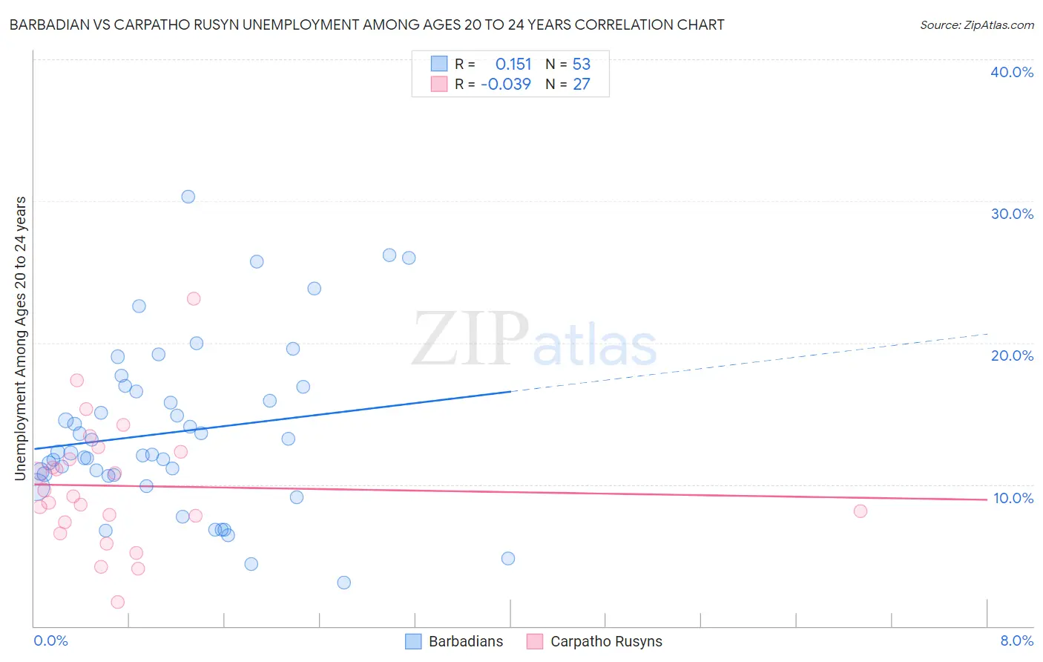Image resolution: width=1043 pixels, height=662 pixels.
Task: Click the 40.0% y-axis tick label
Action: tap(1012, 72)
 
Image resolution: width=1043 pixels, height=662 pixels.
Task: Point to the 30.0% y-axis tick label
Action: tap(1012, 214)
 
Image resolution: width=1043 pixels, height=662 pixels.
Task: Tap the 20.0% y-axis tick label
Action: tap(1012, 355)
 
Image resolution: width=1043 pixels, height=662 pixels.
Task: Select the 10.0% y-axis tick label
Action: tap(1013, 498)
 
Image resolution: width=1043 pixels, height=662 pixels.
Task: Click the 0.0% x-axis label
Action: tap(50, 640)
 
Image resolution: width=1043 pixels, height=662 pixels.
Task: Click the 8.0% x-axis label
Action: tap(1016, 640)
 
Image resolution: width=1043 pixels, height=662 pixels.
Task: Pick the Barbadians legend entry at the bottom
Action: tap(454, 641)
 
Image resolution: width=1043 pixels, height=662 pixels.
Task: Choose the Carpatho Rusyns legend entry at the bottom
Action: tap(594, 641)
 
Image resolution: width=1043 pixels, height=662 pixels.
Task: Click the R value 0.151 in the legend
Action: tap(513, 64)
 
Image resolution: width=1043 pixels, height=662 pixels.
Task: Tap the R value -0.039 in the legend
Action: tap(506, 84)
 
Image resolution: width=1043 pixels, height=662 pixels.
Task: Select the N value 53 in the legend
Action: tap(582, 64)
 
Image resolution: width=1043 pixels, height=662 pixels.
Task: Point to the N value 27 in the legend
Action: tap(582, 84)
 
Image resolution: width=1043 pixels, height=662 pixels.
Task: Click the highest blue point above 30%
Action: tap(188, 197)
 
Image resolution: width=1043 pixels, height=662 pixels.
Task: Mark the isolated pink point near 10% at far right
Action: tap(861, 511)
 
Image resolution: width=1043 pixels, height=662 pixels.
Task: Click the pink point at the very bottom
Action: tap(117, 602)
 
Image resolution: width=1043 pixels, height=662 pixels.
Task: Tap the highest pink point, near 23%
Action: tap(194, 298)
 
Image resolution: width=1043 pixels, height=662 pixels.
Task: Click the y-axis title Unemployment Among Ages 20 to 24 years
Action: tap(21, 338)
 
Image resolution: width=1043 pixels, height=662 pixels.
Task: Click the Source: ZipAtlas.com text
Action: tap(976, 24)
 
